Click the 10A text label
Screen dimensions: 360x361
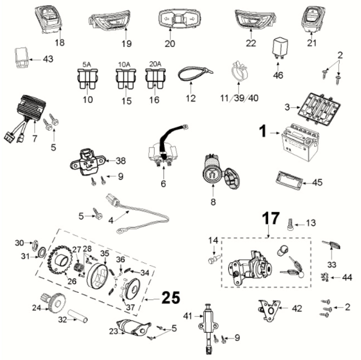click(x=123, y=64)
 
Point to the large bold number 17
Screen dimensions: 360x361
click(x=270, y=219)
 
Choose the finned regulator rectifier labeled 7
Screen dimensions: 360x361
click(x=24, y=109)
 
